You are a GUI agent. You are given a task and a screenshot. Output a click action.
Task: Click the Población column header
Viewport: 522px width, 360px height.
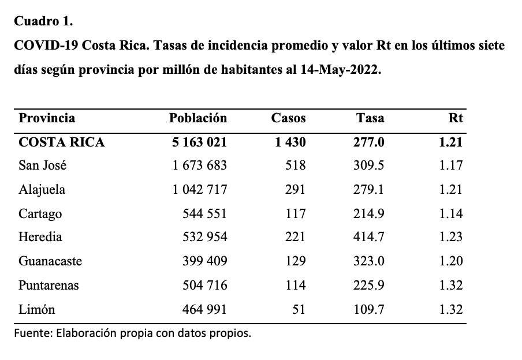(197, 118)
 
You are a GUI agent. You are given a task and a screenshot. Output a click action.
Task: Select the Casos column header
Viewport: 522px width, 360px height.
(288, 118)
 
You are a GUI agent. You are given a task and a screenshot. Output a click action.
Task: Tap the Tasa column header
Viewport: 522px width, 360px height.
(370, 118)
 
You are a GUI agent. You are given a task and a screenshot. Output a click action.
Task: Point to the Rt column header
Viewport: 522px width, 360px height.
(456, 118)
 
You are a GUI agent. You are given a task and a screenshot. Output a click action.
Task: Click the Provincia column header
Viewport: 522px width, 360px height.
(47, 118)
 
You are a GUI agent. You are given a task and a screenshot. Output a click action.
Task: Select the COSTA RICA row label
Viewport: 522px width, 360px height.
(62, 142)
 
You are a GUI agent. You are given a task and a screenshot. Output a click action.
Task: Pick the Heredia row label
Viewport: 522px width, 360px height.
(40, 237)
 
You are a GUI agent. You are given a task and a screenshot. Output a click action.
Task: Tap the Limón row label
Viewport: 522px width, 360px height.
(36, 309)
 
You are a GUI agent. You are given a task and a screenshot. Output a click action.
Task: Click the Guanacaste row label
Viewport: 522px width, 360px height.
(50, 261)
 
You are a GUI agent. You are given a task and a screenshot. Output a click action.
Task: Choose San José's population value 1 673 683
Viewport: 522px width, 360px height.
(199, 166)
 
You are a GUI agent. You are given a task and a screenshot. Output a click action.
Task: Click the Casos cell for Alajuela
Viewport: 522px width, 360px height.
(295, 190)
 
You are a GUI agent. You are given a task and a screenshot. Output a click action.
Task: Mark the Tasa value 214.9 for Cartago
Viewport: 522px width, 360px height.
(369, 213)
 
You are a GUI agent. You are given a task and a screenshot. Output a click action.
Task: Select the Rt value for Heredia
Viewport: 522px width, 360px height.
(451, 237)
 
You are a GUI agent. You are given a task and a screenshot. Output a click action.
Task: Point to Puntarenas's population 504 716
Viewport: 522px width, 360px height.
(205, 285)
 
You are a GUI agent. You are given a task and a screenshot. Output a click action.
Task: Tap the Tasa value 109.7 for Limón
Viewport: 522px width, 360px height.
(369, 309)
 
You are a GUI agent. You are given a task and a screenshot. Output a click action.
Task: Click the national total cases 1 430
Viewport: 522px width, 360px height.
(290, 142)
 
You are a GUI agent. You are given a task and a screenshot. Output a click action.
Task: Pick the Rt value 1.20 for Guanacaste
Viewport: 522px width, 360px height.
(451, 261)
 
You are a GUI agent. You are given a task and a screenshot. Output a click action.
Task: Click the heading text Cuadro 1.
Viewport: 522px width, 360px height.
(44, 21)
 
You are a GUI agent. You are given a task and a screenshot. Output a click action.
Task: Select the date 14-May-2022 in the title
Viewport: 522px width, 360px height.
(341, 70)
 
